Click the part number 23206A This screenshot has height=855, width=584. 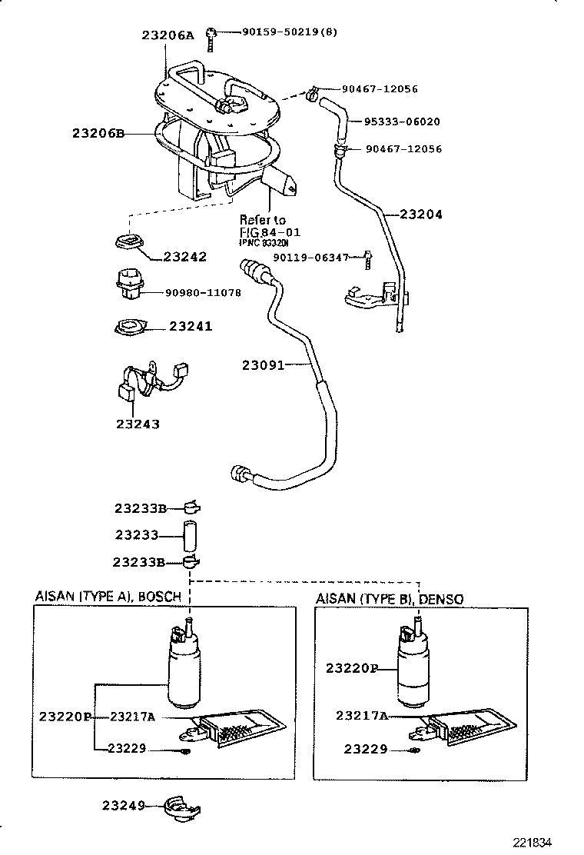(169, 35)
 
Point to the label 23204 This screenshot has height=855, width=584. (421, 215)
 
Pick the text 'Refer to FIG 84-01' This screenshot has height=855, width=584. (269, 226)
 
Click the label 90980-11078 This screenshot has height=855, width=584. (202, 292)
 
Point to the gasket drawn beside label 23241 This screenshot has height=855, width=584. (129, 328)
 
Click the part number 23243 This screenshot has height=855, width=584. (138, 424)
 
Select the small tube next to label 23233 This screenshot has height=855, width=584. (191, 534)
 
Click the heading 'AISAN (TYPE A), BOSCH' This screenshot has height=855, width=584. (108, 596)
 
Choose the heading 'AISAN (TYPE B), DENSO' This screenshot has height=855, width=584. (390, 597)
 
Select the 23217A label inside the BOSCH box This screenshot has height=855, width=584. (132, 717)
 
